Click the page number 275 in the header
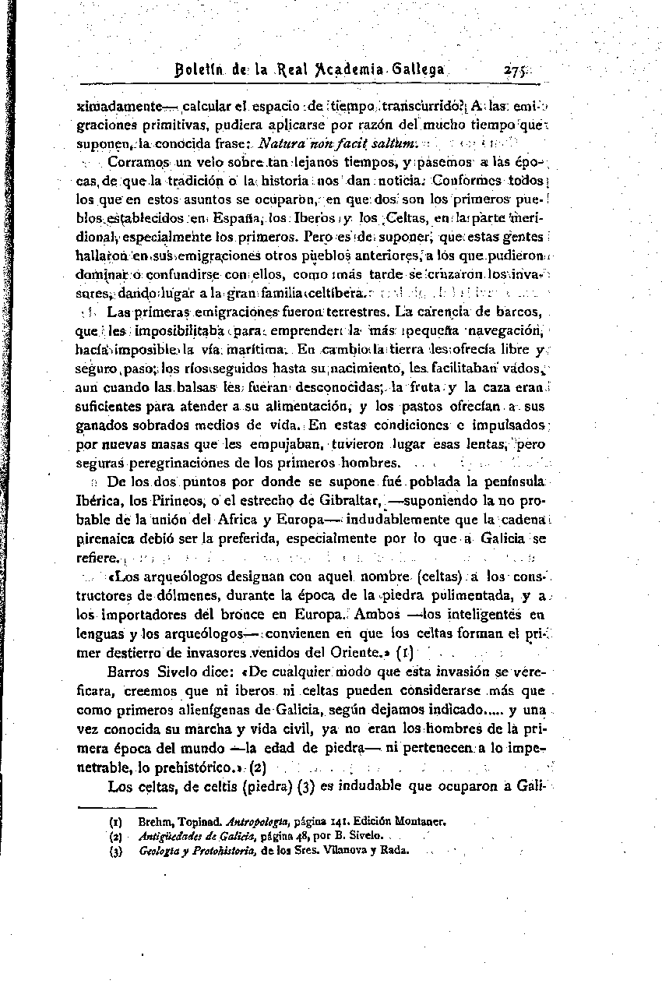click(515, 69)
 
